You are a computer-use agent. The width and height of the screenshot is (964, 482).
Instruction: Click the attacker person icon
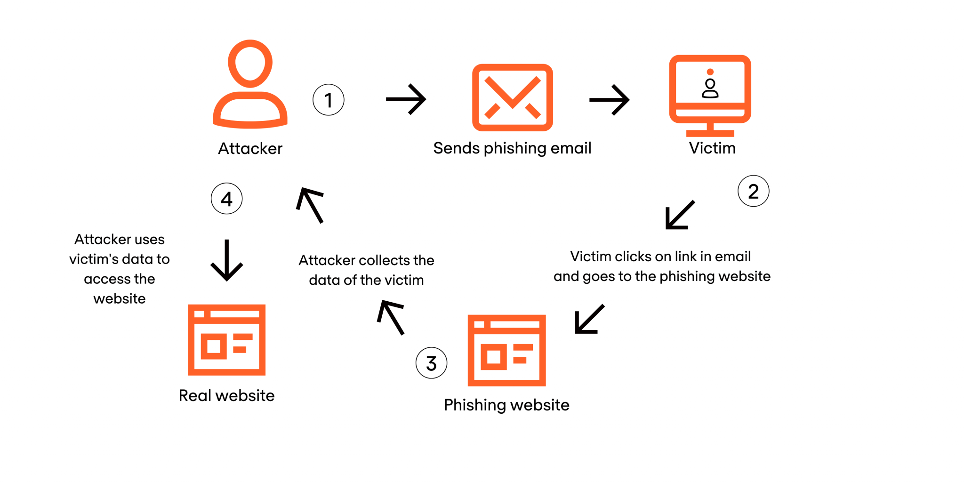coord(250,85)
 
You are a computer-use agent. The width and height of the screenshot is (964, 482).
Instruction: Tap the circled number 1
coord(329,100)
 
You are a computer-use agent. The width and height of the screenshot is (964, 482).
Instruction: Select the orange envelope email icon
coord(512,97)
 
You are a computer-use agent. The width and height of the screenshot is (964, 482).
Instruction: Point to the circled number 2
coord(753,191)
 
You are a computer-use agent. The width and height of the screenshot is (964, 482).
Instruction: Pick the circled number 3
coord(431,363)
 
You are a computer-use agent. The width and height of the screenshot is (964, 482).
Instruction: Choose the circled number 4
coord(226,199)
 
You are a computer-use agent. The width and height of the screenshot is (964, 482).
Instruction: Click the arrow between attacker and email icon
coord(406,99)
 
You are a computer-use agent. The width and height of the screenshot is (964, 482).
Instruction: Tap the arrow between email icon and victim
coord(609,100)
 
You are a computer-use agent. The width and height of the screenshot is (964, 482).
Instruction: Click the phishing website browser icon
coord(506,350)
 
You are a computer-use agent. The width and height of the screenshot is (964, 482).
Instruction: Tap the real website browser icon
coord(226,339)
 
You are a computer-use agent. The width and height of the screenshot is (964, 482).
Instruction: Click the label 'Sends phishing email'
coord(512,148)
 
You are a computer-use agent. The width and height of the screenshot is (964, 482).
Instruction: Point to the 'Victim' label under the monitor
coord(712,148)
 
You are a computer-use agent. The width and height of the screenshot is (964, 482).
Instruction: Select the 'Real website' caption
coord(226,395)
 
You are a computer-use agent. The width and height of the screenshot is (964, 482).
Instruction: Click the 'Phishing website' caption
coord(506,405)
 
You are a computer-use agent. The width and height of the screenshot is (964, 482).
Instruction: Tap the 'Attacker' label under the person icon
coord(250,149)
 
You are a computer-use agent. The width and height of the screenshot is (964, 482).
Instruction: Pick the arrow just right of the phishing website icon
coord(589,320)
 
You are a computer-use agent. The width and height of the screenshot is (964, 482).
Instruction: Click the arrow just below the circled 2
coord(680,215)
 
